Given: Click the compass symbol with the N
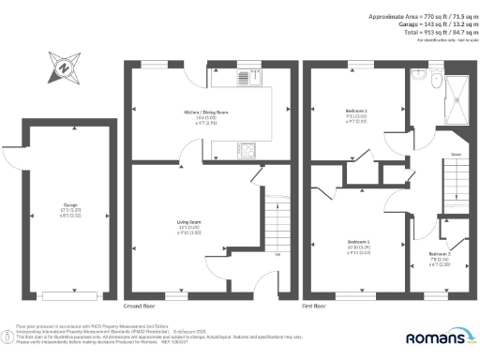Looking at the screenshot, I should point(62,67).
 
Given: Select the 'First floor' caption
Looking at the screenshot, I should point(314,306).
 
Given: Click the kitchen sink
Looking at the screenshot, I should point(248,79).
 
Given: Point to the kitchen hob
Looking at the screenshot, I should point(248,147).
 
